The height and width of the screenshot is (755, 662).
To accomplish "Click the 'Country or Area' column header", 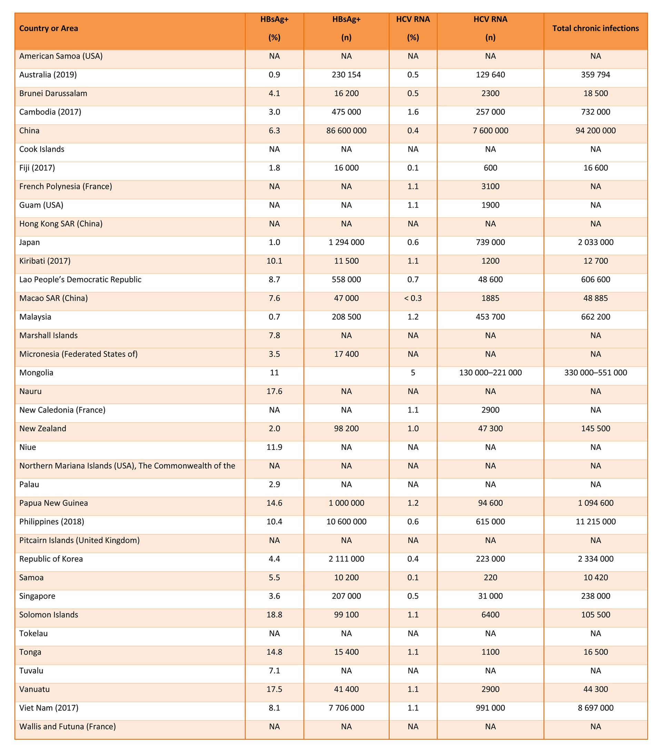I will click(x=48, y=28).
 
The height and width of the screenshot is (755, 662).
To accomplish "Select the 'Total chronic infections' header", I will click(x=595, y=28).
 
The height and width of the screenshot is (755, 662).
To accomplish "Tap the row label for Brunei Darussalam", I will click(x=53, y=93).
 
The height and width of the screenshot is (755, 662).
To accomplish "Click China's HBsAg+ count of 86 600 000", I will click(x=346, y=131).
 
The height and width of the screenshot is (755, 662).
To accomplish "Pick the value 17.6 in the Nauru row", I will click(x=274, y=392).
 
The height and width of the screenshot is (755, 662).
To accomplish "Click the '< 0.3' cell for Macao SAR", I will click(x=413, y=299).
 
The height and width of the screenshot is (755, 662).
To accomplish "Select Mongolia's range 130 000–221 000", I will click(x=490, y=373).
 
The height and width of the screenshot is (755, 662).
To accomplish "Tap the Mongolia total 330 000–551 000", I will click(x=595, y=373).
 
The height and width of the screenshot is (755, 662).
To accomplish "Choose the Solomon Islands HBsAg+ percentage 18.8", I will click(x=274, y=615).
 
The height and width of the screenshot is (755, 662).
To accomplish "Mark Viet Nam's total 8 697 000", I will click(x=595, y=708).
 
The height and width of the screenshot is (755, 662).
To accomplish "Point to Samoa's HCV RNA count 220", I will click(x=490, y=578).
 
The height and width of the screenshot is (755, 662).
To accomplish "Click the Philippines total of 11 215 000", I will click(x=595, y=522).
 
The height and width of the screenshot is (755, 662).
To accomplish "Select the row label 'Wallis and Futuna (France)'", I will click(x=68, y=727).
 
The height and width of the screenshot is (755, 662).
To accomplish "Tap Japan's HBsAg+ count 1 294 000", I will click(x=346, y=243).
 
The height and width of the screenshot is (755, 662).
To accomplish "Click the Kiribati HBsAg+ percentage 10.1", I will click(x=274, y=261).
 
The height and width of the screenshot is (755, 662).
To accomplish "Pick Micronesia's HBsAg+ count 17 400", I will click(x=346, y=354).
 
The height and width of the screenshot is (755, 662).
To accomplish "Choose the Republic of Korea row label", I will click(x=51, y=559).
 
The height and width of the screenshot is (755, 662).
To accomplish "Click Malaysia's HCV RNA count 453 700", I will click(x=490, y=317).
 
